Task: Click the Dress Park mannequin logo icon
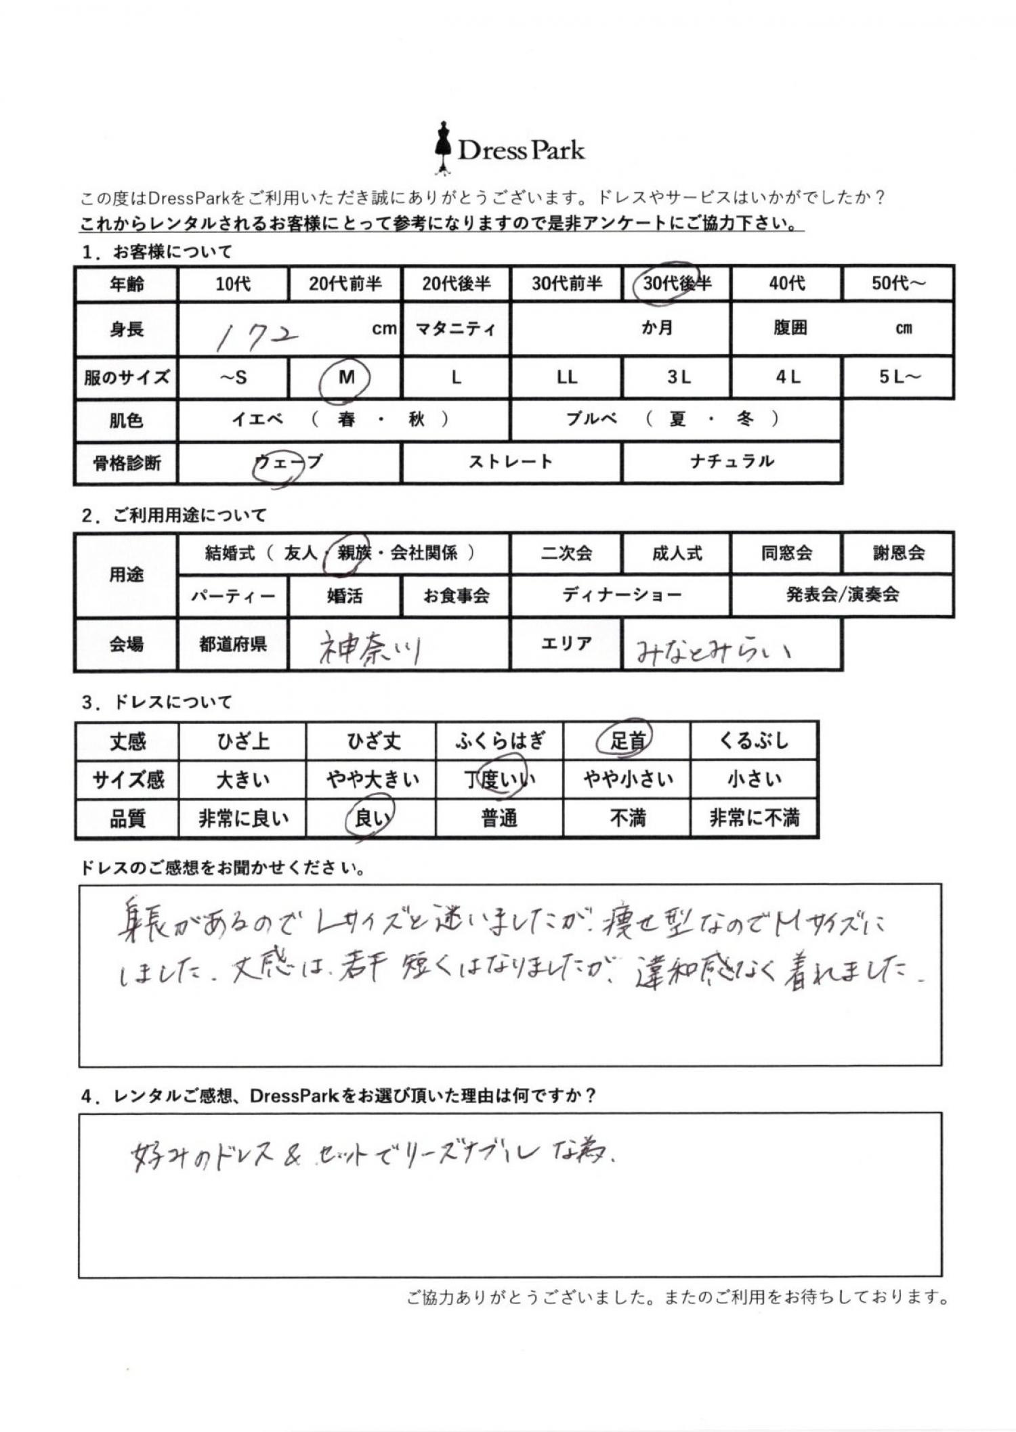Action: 443,148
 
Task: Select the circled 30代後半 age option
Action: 675,283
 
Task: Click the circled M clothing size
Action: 346,378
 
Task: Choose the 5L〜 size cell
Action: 899,377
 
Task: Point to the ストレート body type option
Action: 511,462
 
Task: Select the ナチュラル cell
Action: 732,462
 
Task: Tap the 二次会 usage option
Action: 566,553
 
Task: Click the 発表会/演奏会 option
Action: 842,595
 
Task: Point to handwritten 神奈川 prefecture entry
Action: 370,648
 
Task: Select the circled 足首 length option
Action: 627,741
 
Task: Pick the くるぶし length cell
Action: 754,741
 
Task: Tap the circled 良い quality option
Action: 370,819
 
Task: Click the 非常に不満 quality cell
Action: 754,819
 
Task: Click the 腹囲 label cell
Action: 790,329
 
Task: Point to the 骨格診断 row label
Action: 127,464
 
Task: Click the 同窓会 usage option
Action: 786,553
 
